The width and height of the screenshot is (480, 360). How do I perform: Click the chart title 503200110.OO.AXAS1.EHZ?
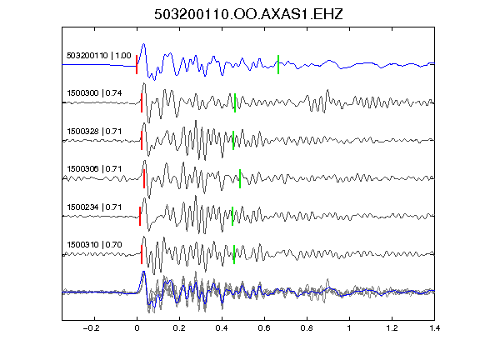point(248,14)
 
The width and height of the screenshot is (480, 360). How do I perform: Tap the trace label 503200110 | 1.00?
point(98,56)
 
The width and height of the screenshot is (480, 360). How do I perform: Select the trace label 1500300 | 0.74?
point(94,93)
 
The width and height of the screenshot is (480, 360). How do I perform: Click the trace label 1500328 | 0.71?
point(94,132)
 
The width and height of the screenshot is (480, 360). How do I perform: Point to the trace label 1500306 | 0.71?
point(94,169)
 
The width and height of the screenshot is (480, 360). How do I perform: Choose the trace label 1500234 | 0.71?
point(94,207)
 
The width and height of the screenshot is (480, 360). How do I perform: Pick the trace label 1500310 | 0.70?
point(94,245)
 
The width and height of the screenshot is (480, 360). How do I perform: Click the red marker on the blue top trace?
point(137,64)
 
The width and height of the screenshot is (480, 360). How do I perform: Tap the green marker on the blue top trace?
point(278,64)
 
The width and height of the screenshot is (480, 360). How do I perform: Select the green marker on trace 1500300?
point(235,102)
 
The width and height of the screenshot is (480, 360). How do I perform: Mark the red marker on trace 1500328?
point(142,141)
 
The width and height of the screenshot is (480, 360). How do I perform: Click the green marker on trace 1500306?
point(240,178)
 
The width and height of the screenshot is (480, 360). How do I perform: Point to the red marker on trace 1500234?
point(140,216)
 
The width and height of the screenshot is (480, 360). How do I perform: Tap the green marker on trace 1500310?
point(234,254)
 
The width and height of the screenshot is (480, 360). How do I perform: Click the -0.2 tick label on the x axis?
point(91,328)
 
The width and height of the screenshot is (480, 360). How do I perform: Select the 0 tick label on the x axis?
point(137,328)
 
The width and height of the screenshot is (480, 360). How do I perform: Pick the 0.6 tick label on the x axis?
point(264,328)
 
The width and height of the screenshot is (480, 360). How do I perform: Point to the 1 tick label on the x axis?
point(349,328)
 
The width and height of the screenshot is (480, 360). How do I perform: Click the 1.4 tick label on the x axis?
point(434,328)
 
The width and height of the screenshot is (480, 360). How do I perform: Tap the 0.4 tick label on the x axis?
point(222,328)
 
